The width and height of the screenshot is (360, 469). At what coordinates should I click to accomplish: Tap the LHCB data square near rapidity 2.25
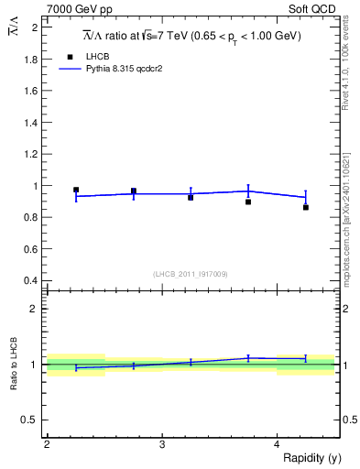(x=76, y=190)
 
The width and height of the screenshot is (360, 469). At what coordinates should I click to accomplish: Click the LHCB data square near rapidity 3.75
(x=248, y=202)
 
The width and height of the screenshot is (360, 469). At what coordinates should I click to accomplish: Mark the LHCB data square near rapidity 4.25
(x=306, y=207)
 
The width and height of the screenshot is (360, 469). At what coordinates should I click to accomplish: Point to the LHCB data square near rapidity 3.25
(x=191, y=197)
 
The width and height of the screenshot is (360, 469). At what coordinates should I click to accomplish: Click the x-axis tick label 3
(x=162, y=445)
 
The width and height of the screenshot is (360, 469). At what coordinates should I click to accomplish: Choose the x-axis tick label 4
(x=277, y=445)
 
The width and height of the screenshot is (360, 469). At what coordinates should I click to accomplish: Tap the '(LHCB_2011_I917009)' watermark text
(x=190, y=274)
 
